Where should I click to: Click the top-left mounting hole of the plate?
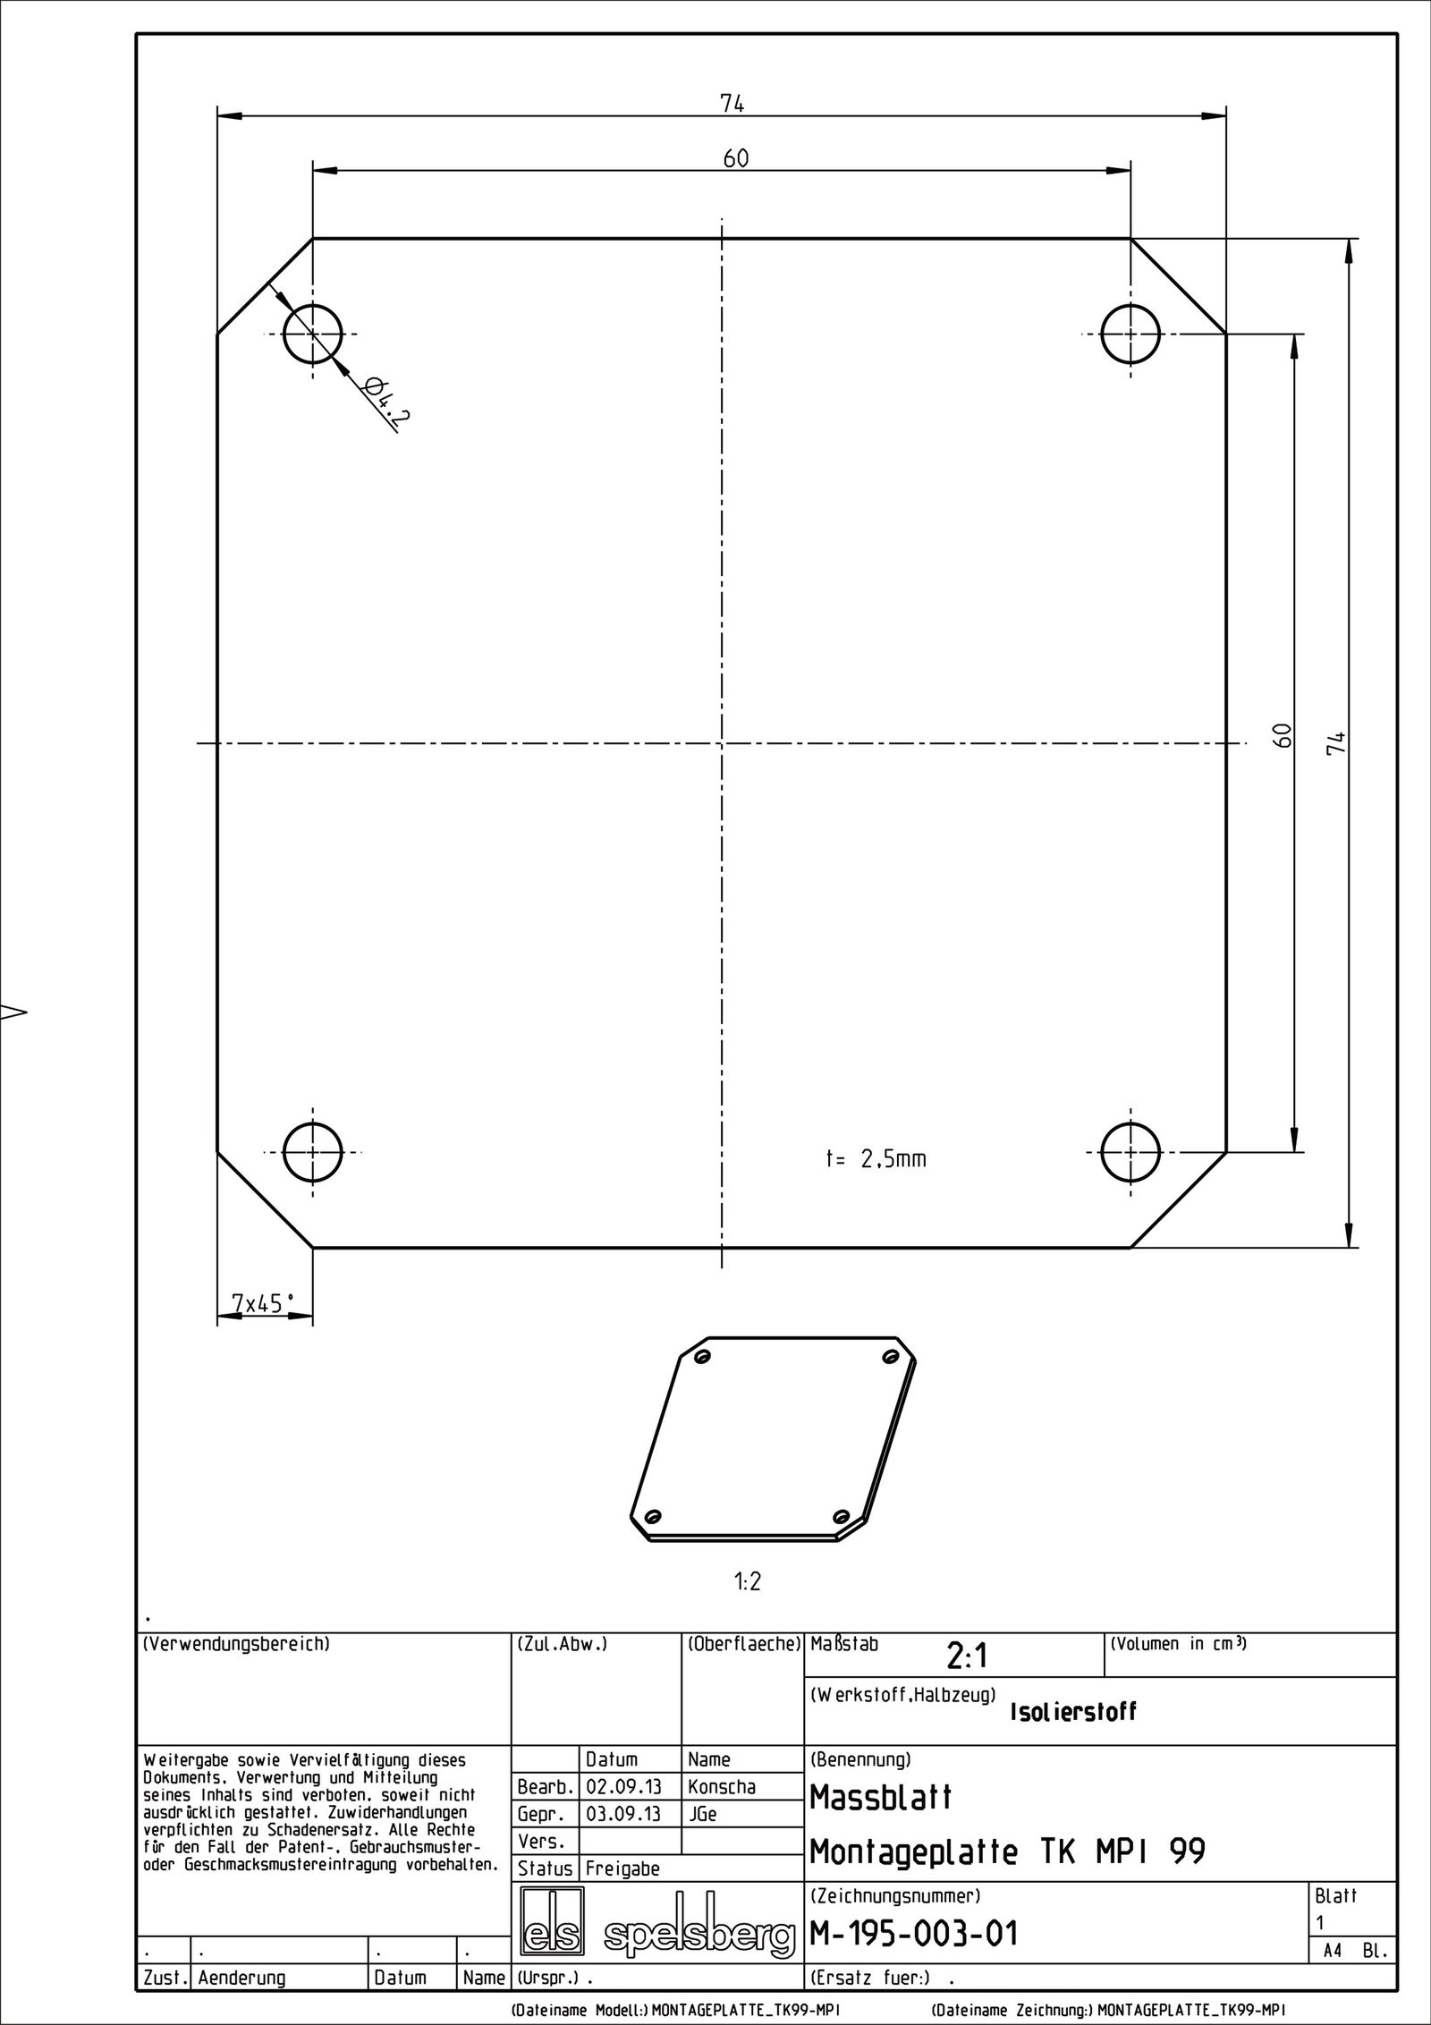(x=312, y=334)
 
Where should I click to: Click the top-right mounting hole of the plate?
(x=1130, y=334)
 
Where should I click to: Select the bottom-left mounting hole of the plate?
(x=312, y=1152)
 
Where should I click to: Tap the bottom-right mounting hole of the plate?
(x=1130, y=1152)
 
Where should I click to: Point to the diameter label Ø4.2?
(x=382, y=403)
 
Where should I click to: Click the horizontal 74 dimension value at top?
(x=732, y=104)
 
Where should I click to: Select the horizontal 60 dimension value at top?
(x=735, y=159)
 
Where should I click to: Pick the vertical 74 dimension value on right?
(x=1336, y=742)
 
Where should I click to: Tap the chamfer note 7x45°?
(x=263, y=1304)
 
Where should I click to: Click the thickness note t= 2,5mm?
(x=876, y=1160)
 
